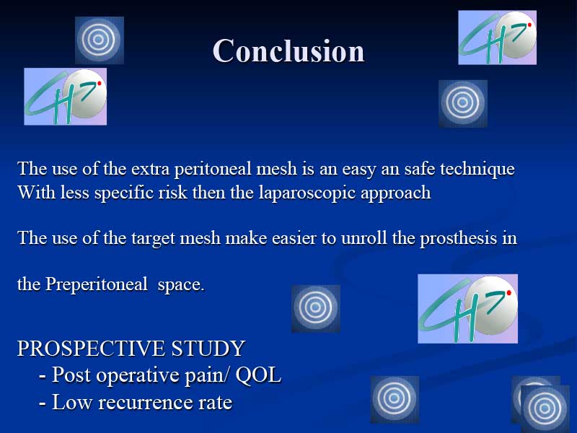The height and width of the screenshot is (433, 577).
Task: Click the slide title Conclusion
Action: (288, 51)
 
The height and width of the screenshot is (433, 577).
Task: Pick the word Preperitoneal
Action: (97, 284)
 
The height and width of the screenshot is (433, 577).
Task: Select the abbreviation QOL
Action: (258, 375)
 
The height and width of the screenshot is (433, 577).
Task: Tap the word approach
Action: (395, 193)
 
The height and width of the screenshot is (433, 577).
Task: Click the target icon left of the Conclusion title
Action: (100, 40)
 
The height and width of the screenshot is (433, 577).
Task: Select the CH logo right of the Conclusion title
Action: (497, 38)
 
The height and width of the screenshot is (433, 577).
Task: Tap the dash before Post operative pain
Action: (43, 377)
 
